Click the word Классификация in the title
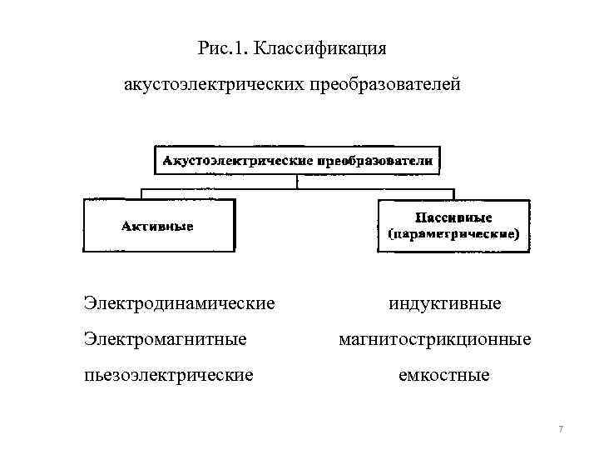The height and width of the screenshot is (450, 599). pos(320,48)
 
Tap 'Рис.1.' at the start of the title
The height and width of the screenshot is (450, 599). pos(224,48)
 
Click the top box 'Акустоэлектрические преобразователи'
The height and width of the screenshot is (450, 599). pos(298,160)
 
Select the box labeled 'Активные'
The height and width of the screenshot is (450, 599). pos(158,225)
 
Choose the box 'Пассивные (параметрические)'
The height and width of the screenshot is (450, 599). pos(453,225)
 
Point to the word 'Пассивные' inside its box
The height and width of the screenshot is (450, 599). pos(453,217)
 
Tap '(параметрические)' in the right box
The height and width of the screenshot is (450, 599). pos(453,234)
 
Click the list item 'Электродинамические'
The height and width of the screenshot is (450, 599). pos(180,302)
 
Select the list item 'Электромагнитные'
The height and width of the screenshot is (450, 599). pos(166,339)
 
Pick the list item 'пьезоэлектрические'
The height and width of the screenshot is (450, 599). pos(169,376)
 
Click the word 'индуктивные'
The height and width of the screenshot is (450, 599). pos(445,302)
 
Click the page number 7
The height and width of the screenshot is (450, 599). pos(561,429)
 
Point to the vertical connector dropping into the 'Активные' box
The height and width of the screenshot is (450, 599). pos(141,194)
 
